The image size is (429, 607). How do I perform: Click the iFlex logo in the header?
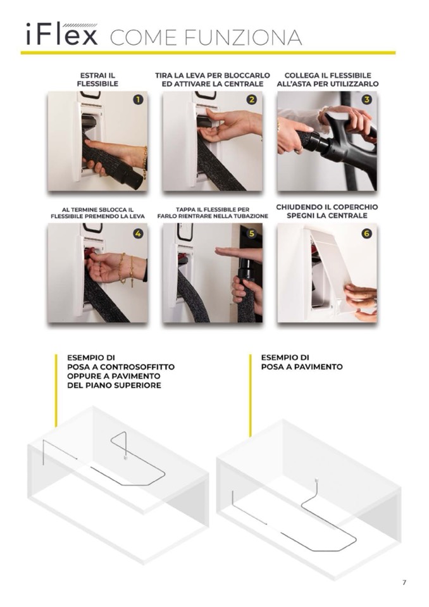click(61, 34)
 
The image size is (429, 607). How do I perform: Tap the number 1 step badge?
click(137, 100)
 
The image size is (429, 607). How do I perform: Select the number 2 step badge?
click(252, 100)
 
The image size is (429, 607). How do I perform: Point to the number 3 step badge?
click(366, 100)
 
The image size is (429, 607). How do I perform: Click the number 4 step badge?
click(137, 234)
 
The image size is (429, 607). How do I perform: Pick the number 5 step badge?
click(252, 234)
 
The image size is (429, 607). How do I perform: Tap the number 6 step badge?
click(366, 234)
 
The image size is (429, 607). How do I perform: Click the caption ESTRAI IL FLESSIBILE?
click(97, 80)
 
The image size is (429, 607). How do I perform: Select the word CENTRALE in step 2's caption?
click(246, 84)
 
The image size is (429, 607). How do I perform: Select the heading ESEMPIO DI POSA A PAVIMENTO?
click(302, 362)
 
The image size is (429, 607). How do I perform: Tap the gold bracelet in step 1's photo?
click(145, 163)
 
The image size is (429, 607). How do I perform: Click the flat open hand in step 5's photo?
click(238, 253)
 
